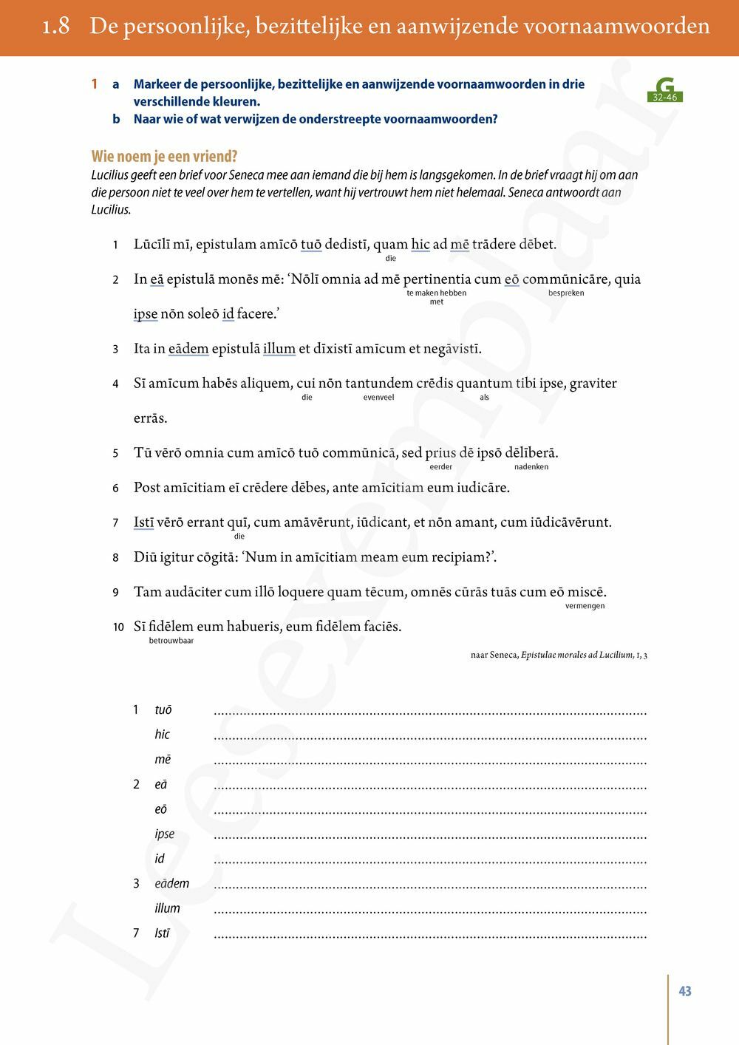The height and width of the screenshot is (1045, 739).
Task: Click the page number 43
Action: tap(685, 991)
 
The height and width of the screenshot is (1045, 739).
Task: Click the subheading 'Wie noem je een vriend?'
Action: tap(164, 157)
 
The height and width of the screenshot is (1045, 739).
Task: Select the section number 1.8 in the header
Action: tap(56, 27)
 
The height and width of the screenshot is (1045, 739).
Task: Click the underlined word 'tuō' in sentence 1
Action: tap(311, 245)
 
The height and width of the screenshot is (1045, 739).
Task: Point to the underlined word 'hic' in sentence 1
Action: tap(420, 245)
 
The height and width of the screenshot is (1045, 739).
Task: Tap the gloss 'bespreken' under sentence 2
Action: tap(566, 293)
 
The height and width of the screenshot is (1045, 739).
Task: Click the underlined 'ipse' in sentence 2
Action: tap(146, 314)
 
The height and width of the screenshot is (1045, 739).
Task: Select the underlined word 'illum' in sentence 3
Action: tap(279, 349)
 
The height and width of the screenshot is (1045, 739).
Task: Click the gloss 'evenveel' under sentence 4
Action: tap(378, 397)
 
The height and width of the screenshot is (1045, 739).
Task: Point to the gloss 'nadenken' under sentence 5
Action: tap(531, 466)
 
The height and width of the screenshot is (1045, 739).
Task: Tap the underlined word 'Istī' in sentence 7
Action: tap(143, 522)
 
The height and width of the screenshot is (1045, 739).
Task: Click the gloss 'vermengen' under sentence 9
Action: tap(585, 605)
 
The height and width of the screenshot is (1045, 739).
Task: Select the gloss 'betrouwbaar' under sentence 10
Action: tap(171, 641)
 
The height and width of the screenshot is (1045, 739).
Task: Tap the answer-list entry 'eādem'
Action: tap(171, 883)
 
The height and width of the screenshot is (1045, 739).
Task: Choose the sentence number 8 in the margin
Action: tap(115, 558)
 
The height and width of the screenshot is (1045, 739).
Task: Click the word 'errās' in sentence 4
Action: tap(150, 418)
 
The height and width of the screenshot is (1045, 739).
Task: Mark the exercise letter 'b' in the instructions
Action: tap(116, 119)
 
